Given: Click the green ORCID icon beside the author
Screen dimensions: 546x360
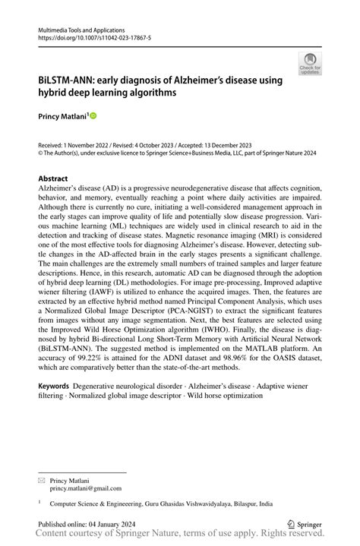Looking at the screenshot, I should coord(93,116).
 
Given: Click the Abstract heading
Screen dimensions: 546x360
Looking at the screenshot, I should coord(58,178).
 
